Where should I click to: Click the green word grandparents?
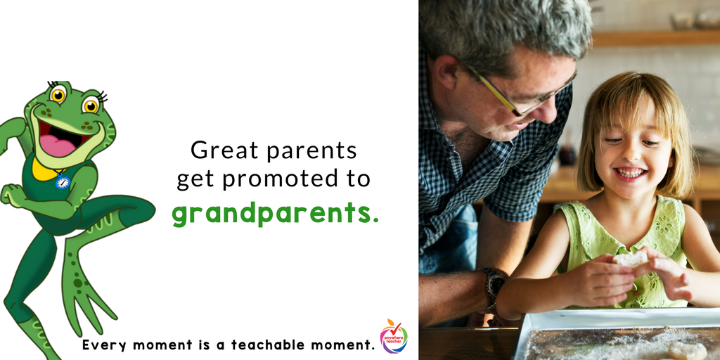click(x=274, y=213)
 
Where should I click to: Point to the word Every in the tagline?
click(x=103, y=345)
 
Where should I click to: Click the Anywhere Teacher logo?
click(x=393, y=336)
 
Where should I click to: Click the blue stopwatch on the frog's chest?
click(x=63, y=182)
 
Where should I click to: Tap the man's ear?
click(x=446, y=72)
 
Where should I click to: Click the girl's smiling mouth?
click(x=630, y=173)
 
